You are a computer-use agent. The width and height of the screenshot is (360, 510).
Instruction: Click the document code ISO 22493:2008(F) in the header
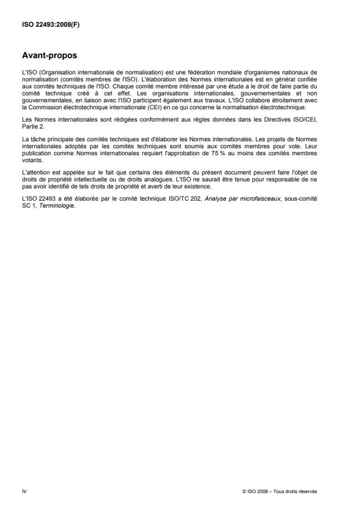[44, 26]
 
